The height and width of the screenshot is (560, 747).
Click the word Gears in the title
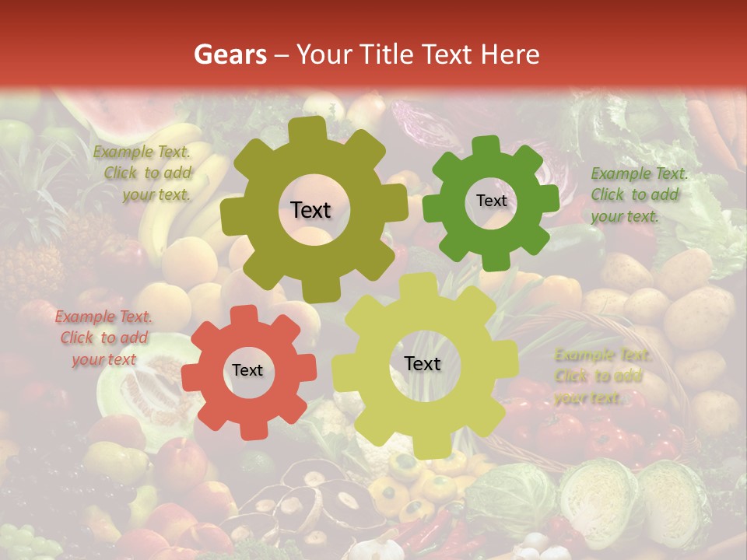[x=230, y=54]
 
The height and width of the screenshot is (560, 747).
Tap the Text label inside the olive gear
[x=310, y=210]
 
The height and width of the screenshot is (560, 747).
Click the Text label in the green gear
[x=491, y=201]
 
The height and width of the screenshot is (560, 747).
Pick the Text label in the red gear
[x=247, y=370]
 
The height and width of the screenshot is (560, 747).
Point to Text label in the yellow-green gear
[x=423, y=363]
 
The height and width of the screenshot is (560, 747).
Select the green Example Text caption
[x=638, y=194]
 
